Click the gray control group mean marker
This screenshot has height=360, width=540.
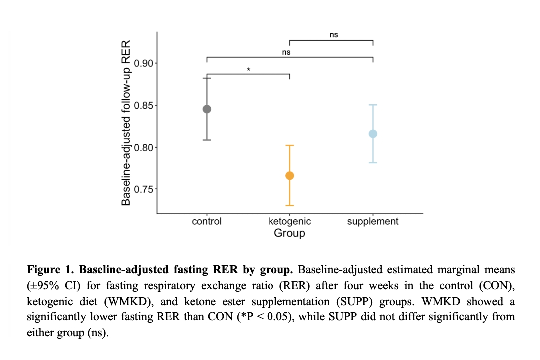(207, 109)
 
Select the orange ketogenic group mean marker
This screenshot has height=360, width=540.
(289, 175)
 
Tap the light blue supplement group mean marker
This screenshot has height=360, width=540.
(373, 134)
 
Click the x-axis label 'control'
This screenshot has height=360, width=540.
(207, 221)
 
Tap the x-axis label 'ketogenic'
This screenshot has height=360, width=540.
(289, 221)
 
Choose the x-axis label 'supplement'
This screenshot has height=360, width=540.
(373, 221)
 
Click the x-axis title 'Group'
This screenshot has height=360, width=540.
(289, 233)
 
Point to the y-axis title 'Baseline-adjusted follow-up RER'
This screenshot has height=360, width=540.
(126, 123)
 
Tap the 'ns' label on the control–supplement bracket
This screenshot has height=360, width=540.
(286, 52)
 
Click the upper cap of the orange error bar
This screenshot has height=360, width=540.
(289, 145)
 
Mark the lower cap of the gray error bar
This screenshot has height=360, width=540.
(207, 140)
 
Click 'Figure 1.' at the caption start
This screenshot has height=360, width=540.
(49, 270)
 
